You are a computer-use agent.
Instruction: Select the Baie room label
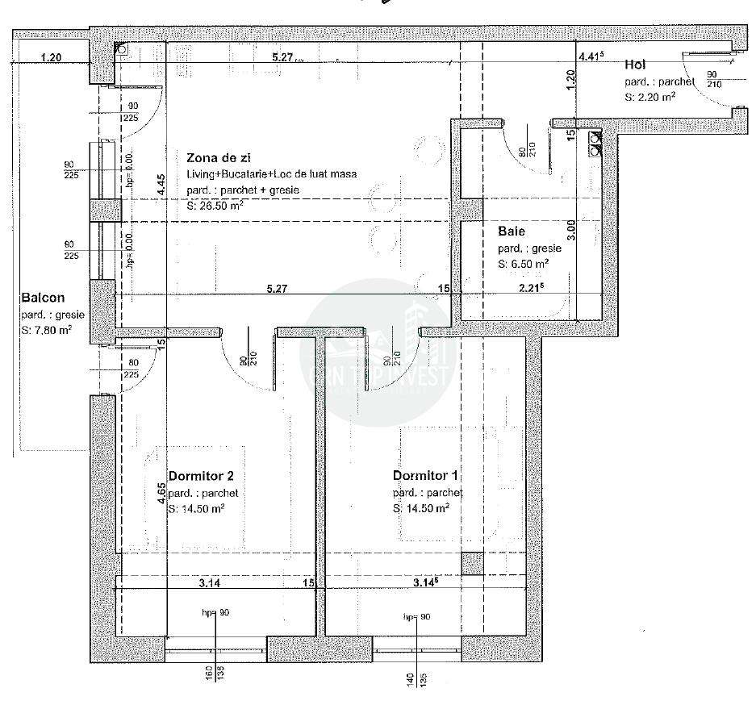pos(512,232)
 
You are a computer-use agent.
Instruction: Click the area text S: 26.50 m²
pos(215,205)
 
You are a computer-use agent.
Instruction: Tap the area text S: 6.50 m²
pos(524,263)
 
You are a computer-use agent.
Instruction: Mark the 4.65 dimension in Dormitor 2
pos(161,493)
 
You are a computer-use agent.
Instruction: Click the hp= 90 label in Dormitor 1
pos(418,617)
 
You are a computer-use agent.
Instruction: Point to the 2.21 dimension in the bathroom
pos(529,287)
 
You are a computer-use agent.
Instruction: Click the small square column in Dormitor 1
pos(472,563)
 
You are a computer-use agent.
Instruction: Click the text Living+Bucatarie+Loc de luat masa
pos(271,174)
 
